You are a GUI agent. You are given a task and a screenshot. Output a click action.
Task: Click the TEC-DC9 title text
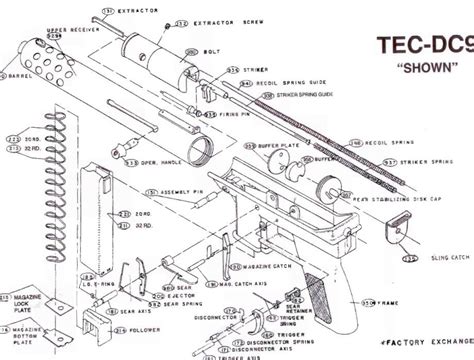[x=421, y=46]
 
